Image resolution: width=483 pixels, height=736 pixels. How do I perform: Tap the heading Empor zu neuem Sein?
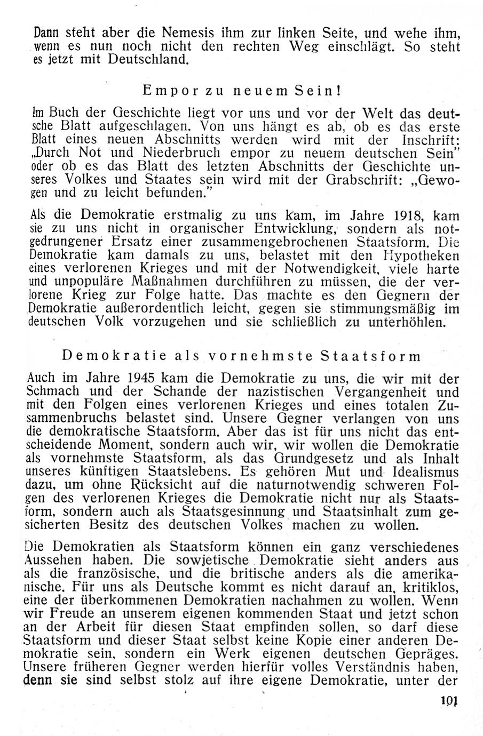[x=242, y=91]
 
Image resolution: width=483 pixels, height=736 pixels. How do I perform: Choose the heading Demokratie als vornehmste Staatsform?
[x=242, y=356]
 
